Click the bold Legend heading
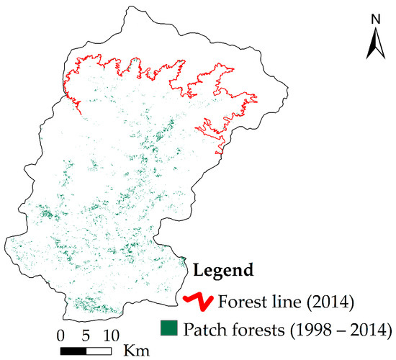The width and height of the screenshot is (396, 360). (x=222, y=271)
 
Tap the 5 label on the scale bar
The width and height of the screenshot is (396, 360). (x=86, y=336)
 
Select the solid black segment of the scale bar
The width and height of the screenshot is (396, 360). (x=73, y=350)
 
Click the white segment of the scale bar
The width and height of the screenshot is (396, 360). (x=98, y=350)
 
